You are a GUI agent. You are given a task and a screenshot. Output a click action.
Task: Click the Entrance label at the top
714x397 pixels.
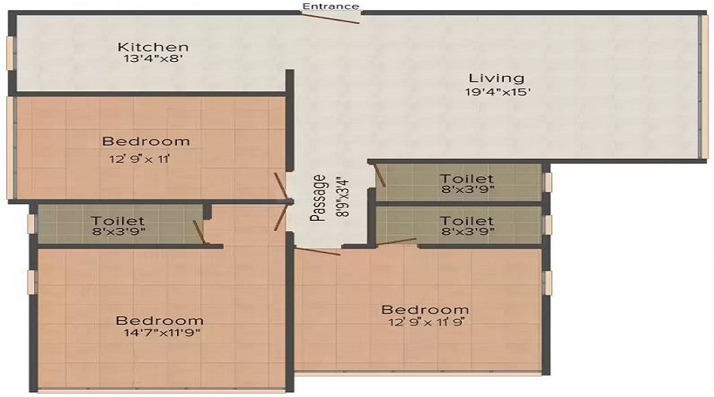(331, 6)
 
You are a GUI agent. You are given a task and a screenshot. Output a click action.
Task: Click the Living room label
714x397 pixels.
(496, 78)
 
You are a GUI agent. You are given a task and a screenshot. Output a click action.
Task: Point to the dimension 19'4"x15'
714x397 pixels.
(497, 92)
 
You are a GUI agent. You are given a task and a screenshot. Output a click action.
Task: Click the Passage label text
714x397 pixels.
(317, 198)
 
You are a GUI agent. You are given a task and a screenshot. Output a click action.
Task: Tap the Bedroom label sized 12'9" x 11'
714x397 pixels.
(146, 141)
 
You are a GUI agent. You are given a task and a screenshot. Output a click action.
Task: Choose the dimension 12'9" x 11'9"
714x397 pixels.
(424, 323)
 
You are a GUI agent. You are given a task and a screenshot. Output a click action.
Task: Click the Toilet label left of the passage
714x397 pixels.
(117, 220)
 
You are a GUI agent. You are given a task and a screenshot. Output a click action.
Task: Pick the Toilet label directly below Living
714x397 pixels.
(467, 179)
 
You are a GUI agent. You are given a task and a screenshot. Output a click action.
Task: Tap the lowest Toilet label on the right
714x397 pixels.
(467, 220)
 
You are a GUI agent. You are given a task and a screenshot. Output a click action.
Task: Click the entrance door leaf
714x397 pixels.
(334, 17)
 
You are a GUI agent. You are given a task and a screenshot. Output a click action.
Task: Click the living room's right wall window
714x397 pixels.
(702, 87)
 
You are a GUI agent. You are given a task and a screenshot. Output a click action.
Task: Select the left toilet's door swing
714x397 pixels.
(200, 231)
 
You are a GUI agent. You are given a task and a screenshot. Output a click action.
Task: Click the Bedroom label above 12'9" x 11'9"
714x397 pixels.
(424, 309)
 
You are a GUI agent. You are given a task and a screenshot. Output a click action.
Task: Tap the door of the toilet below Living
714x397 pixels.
(380, 175)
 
